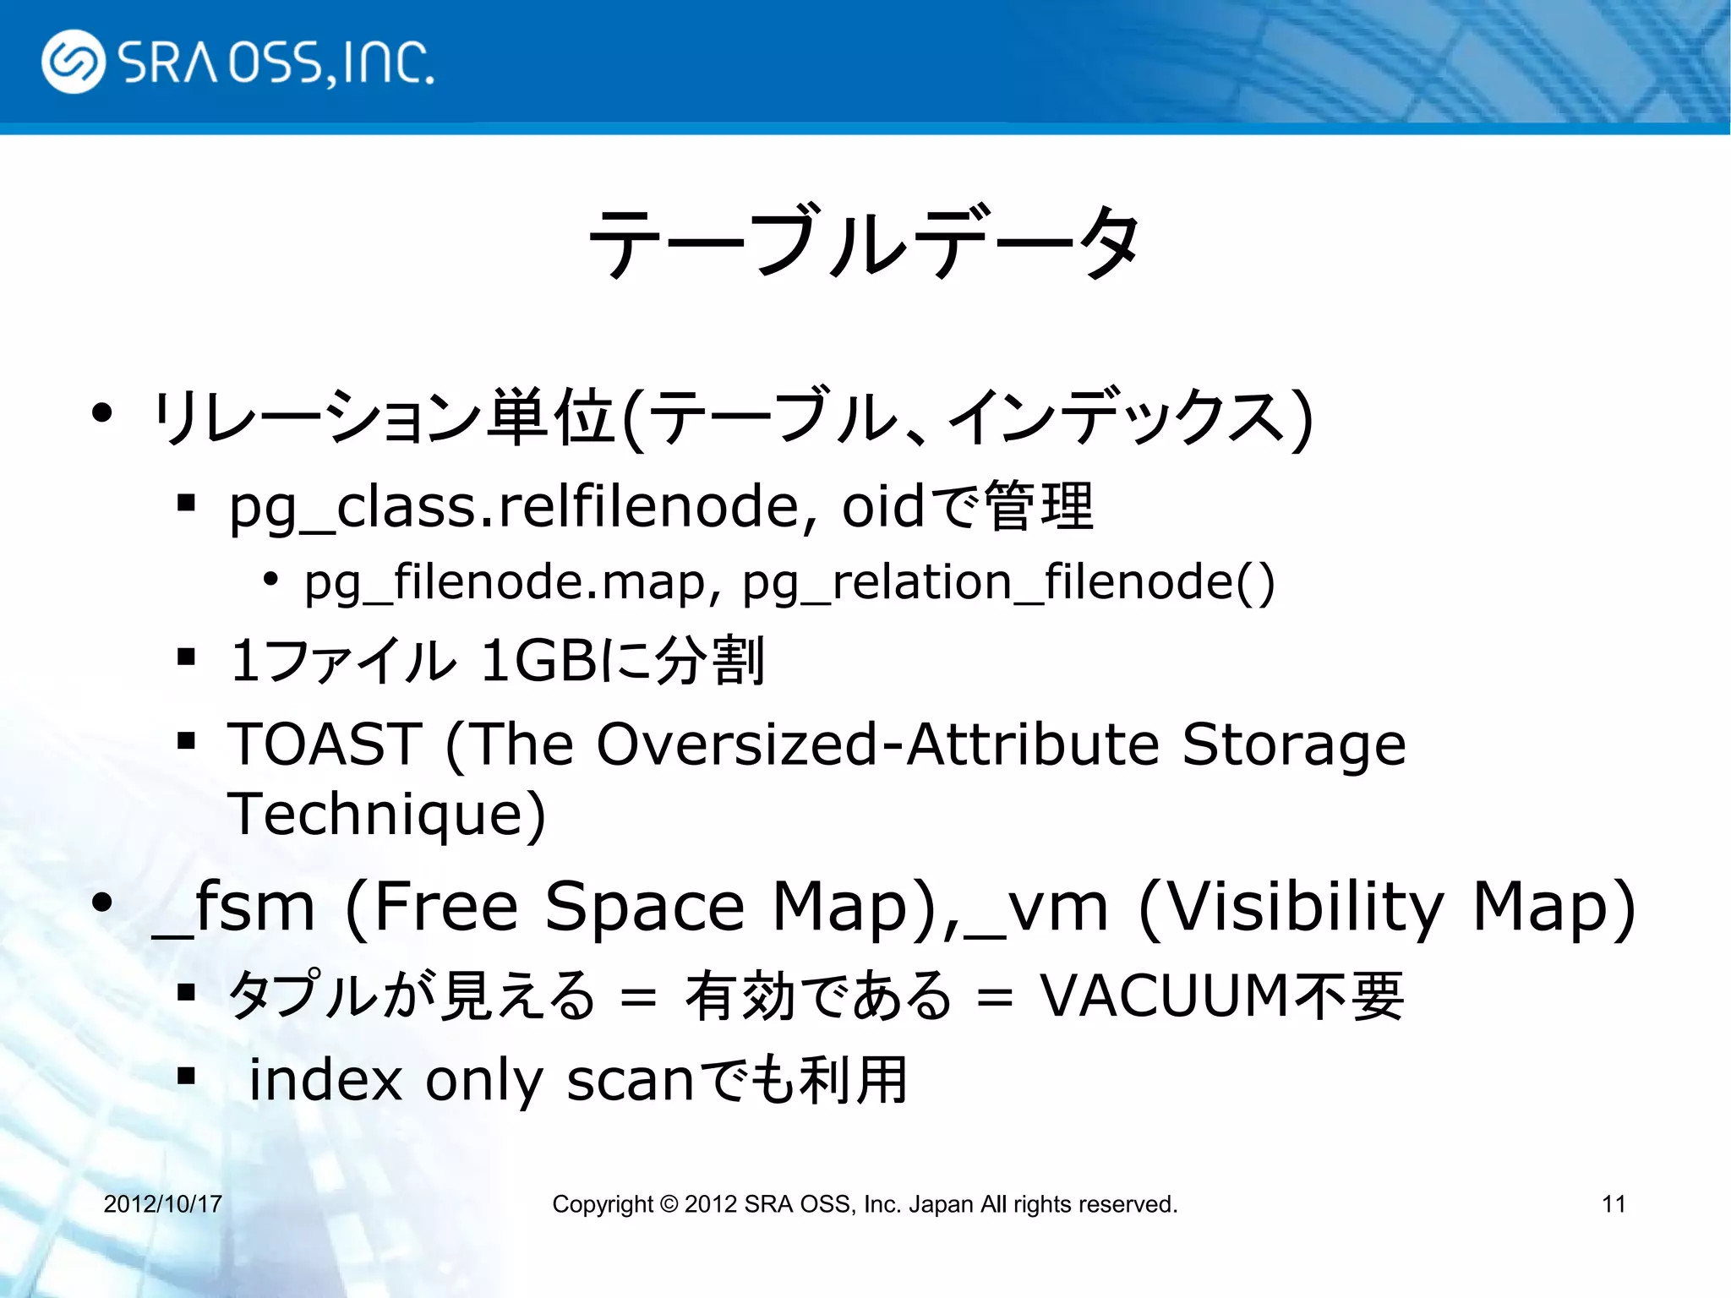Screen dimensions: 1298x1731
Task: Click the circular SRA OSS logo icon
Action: pyautogui.click(x=74, y=62)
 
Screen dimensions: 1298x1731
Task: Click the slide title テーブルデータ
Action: pyautogui.click(x=864, y=243)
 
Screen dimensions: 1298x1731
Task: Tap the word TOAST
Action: pyautogui.click(x=325, y=744)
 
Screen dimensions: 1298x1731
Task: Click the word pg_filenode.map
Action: pyautogui.click(x=504, y=582)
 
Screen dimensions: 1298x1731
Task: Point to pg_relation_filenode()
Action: pyautogui.click(x=1008, y=582)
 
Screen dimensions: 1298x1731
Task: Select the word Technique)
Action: pyautogui.click(x=387, y=814)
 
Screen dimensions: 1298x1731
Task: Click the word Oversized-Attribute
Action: pyautogui.click(x=877, y=744)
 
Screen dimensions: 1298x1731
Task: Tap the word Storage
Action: pyautogui.click(x=1293, y=744)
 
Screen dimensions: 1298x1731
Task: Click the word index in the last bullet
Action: pyautogui.click(x=325, y=1080)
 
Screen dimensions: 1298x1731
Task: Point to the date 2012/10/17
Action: pyautogui.click(x=162, y=1204)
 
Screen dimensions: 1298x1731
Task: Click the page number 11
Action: pyautogui.click(x=1614, y=1204)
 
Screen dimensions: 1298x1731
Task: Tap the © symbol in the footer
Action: pyautogui.click(x=669, y=1204)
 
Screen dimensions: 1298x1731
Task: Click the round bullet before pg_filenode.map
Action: pyautogui.click(x=270, y=580)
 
